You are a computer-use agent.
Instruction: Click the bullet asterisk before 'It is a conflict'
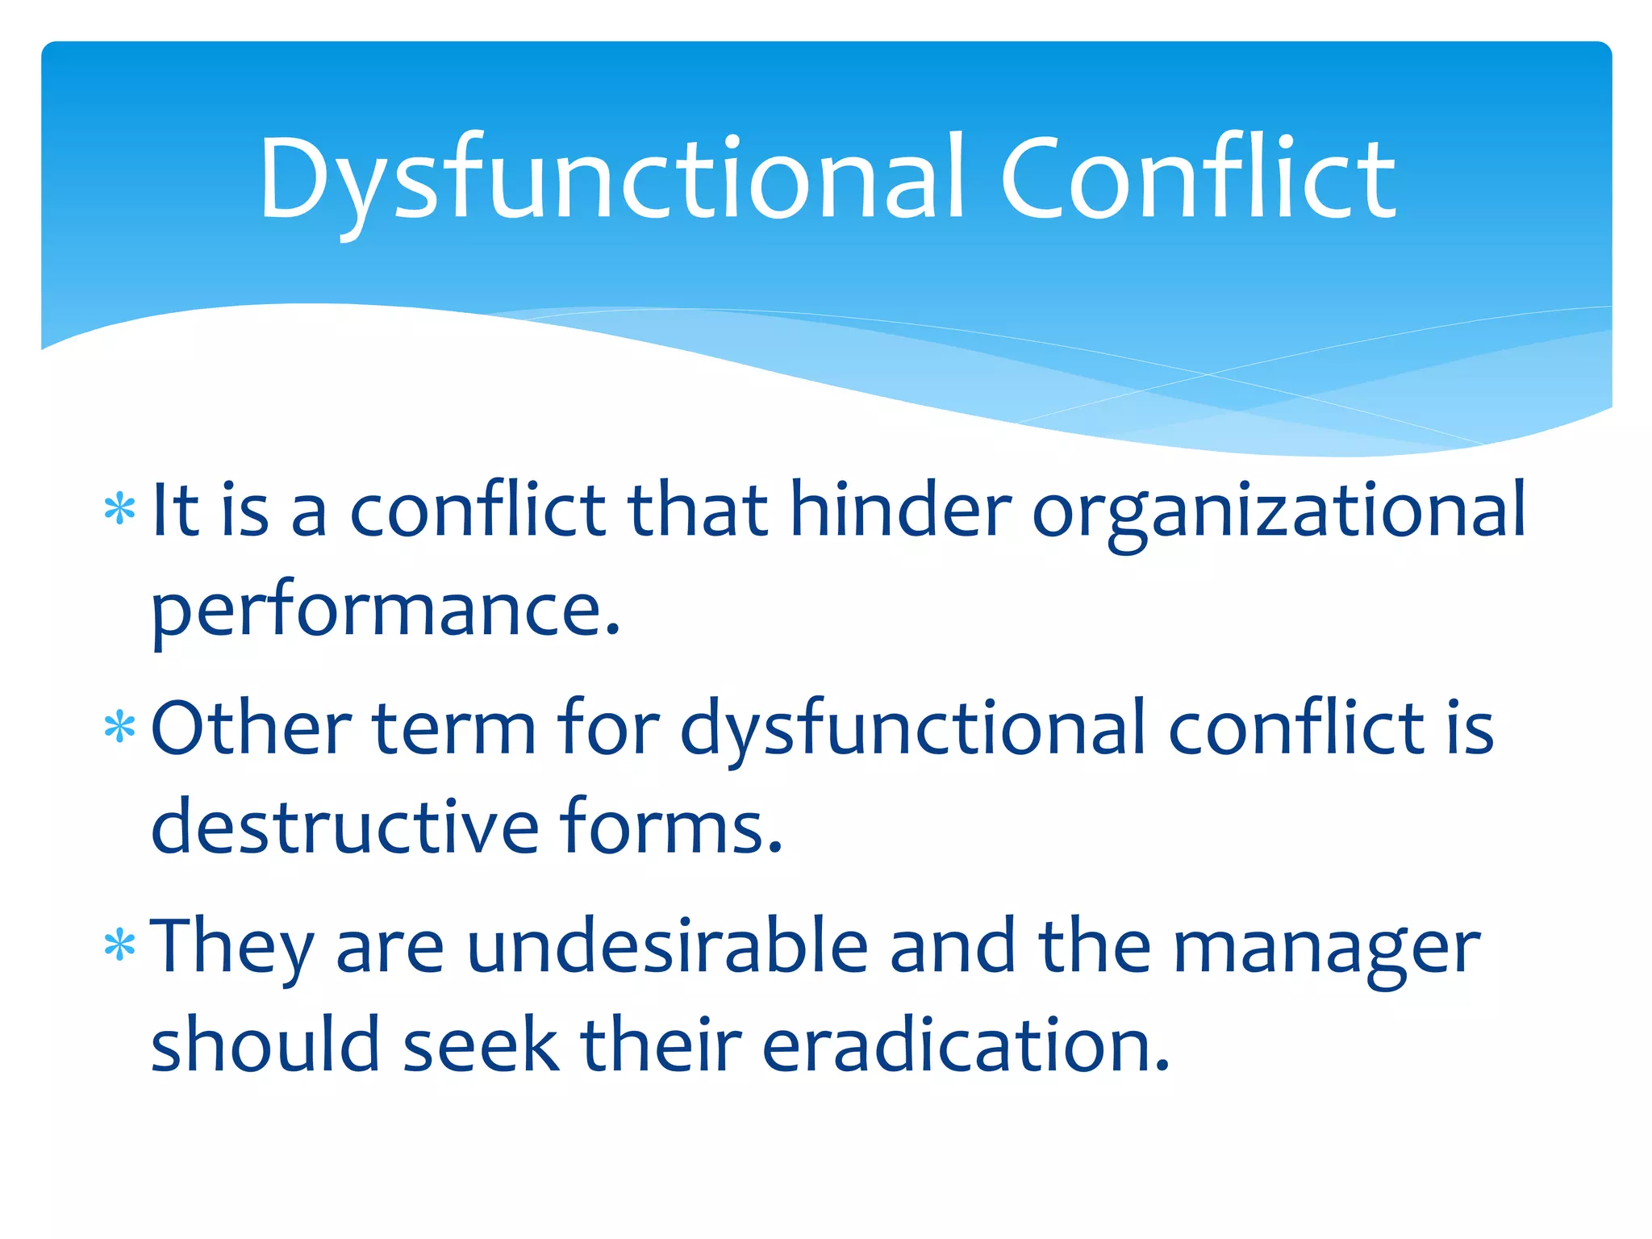click(120, 511)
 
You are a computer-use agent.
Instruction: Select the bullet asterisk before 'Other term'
click(120, 728)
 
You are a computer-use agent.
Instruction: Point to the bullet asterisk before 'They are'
click(120, 945)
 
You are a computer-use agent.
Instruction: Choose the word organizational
click(1279, 511)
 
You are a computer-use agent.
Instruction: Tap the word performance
click(386, 611)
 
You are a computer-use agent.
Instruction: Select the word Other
click(251, 728)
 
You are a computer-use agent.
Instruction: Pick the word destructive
click(344, 827)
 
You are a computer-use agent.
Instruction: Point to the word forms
click(670, 827)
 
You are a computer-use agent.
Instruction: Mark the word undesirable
click(667, 945)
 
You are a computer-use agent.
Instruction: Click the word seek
click(481, 1045)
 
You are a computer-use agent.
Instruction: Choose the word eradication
click(965, 1045)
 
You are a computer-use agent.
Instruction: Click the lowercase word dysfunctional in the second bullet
click(913, 729)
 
